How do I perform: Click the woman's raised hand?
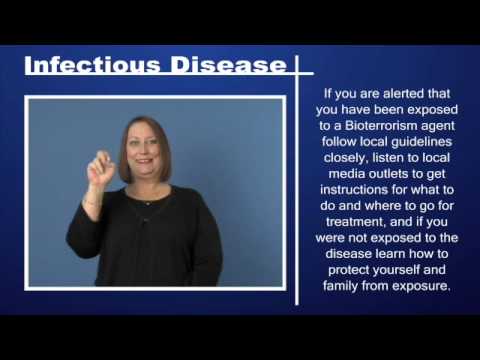pyautogui.click(x=102, y=166)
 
